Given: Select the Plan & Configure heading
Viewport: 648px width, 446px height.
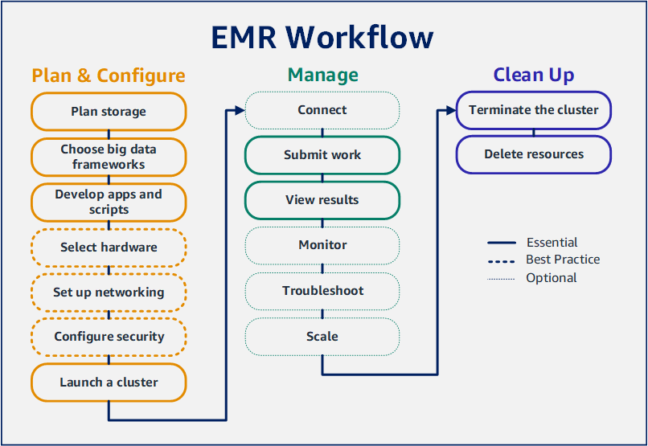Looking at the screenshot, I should coord(109,76).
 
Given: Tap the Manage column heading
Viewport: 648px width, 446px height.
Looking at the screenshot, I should coord(322,76).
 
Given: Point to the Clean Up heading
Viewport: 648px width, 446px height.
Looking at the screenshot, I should coord(534,76).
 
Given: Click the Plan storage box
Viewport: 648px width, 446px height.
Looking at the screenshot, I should coord(109,111).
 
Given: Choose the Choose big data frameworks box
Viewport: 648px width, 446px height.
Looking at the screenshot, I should coord(109,157).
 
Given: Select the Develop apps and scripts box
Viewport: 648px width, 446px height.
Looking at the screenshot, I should coord(109,202).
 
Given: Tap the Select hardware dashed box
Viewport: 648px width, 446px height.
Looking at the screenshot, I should coord(109,248).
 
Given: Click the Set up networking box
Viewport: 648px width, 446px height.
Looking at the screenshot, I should coord(109,293).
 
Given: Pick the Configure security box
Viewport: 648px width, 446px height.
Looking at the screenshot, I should coord(109,337).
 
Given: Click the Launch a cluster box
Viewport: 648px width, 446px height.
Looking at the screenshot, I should coord(109,383).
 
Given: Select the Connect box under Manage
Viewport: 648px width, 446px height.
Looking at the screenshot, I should coord(322,110).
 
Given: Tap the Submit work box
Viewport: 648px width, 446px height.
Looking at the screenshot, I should coord(322,155).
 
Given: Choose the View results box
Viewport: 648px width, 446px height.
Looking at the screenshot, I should coord(322,200).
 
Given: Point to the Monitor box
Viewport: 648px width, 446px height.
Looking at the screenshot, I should coord(322,245).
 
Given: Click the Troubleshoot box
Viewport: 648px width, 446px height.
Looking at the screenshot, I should coord(322,291).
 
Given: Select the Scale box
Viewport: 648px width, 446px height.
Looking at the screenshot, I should coord(322,337).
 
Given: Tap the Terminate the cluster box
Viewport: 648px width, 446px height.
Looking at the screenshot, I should coord(534,110).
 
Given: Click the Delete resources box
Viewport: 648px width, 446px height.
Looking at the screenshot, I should coord(534,154).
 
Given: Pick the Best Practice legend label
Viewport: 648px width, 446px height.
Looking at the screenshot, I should coord(563,260).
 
